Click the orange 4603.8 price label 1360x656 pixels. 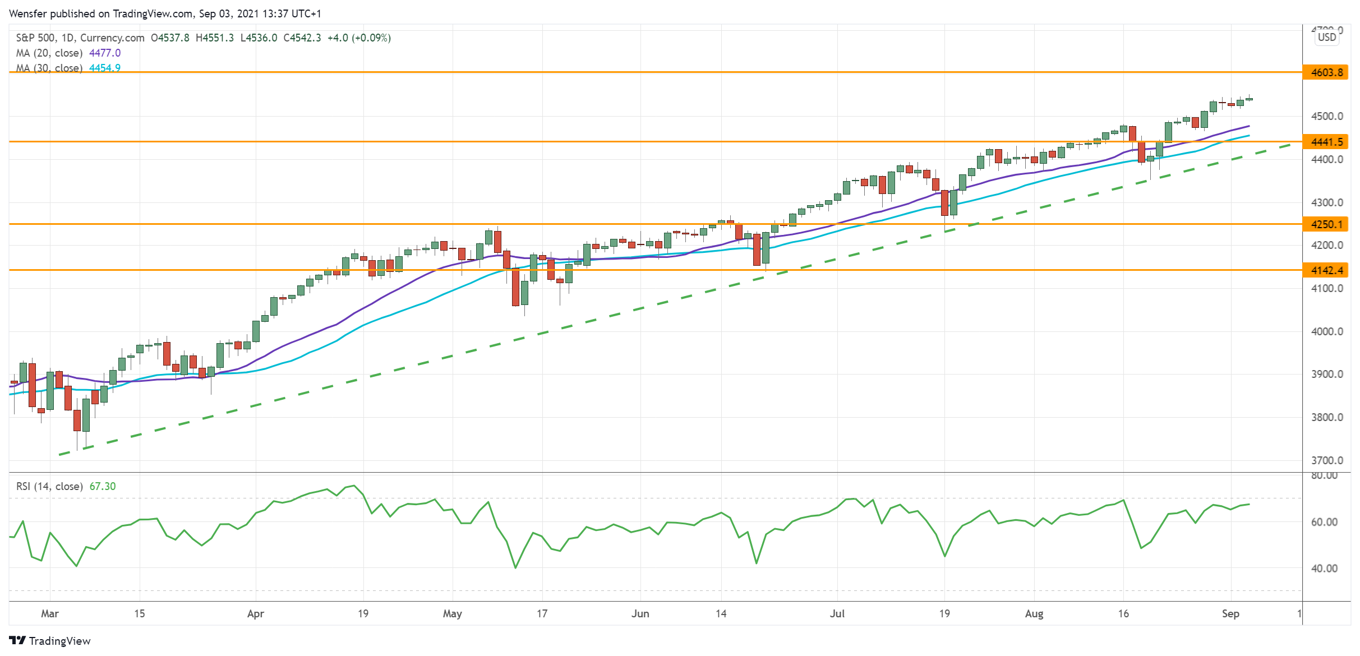tap(1326, 72)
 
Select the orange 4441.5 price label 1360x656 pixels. tap(1326, 142)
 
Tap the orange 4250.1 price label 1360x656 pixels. tap(1326, 224)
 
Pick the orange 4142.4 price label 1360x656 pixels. tap(1326, 270)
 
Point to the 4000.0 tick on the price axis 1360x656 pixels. tap(1327, 331)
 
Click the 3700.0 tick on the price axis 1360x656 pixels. tap(1327, 460)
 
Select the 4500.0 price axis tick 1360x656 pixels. tap(1327, 116)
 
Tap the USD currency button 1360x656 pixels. tap(1327, 38)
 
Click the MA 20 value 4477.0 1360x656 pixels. tap(105, 53)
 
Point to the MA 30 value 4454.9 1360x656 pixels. tap(105, 68)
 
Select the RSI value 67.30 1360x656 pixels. tap(103, 486)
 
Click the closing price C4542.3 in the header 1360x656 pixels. tap(302, 38)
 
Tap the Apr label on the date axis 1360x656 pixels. tap(255, 613)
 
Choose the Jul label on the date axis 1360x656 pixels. tap(837, 613)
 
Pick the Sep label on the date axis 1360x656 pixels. tap(1230, 613)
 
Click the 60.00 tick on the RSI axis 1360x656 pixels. tap(1324, 522)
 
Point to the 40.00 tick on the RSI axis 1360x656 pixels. tap(1324, 569)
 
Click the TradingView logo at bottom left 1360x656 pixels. tap(50, 641)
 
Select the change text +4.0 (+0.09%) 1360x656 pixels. tap(359, 38)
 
